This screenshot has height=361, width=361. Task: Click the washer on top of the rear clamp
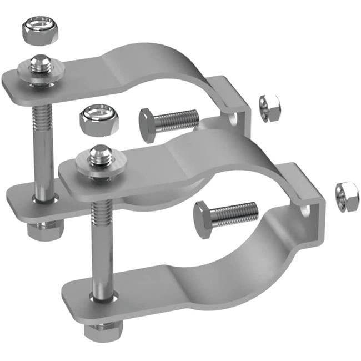pos(40,74)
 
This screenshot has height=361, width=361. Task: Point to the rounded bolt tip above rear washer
pos(40,61)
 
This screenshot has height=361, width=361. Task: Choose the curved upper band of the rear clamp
pos(161,61)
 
